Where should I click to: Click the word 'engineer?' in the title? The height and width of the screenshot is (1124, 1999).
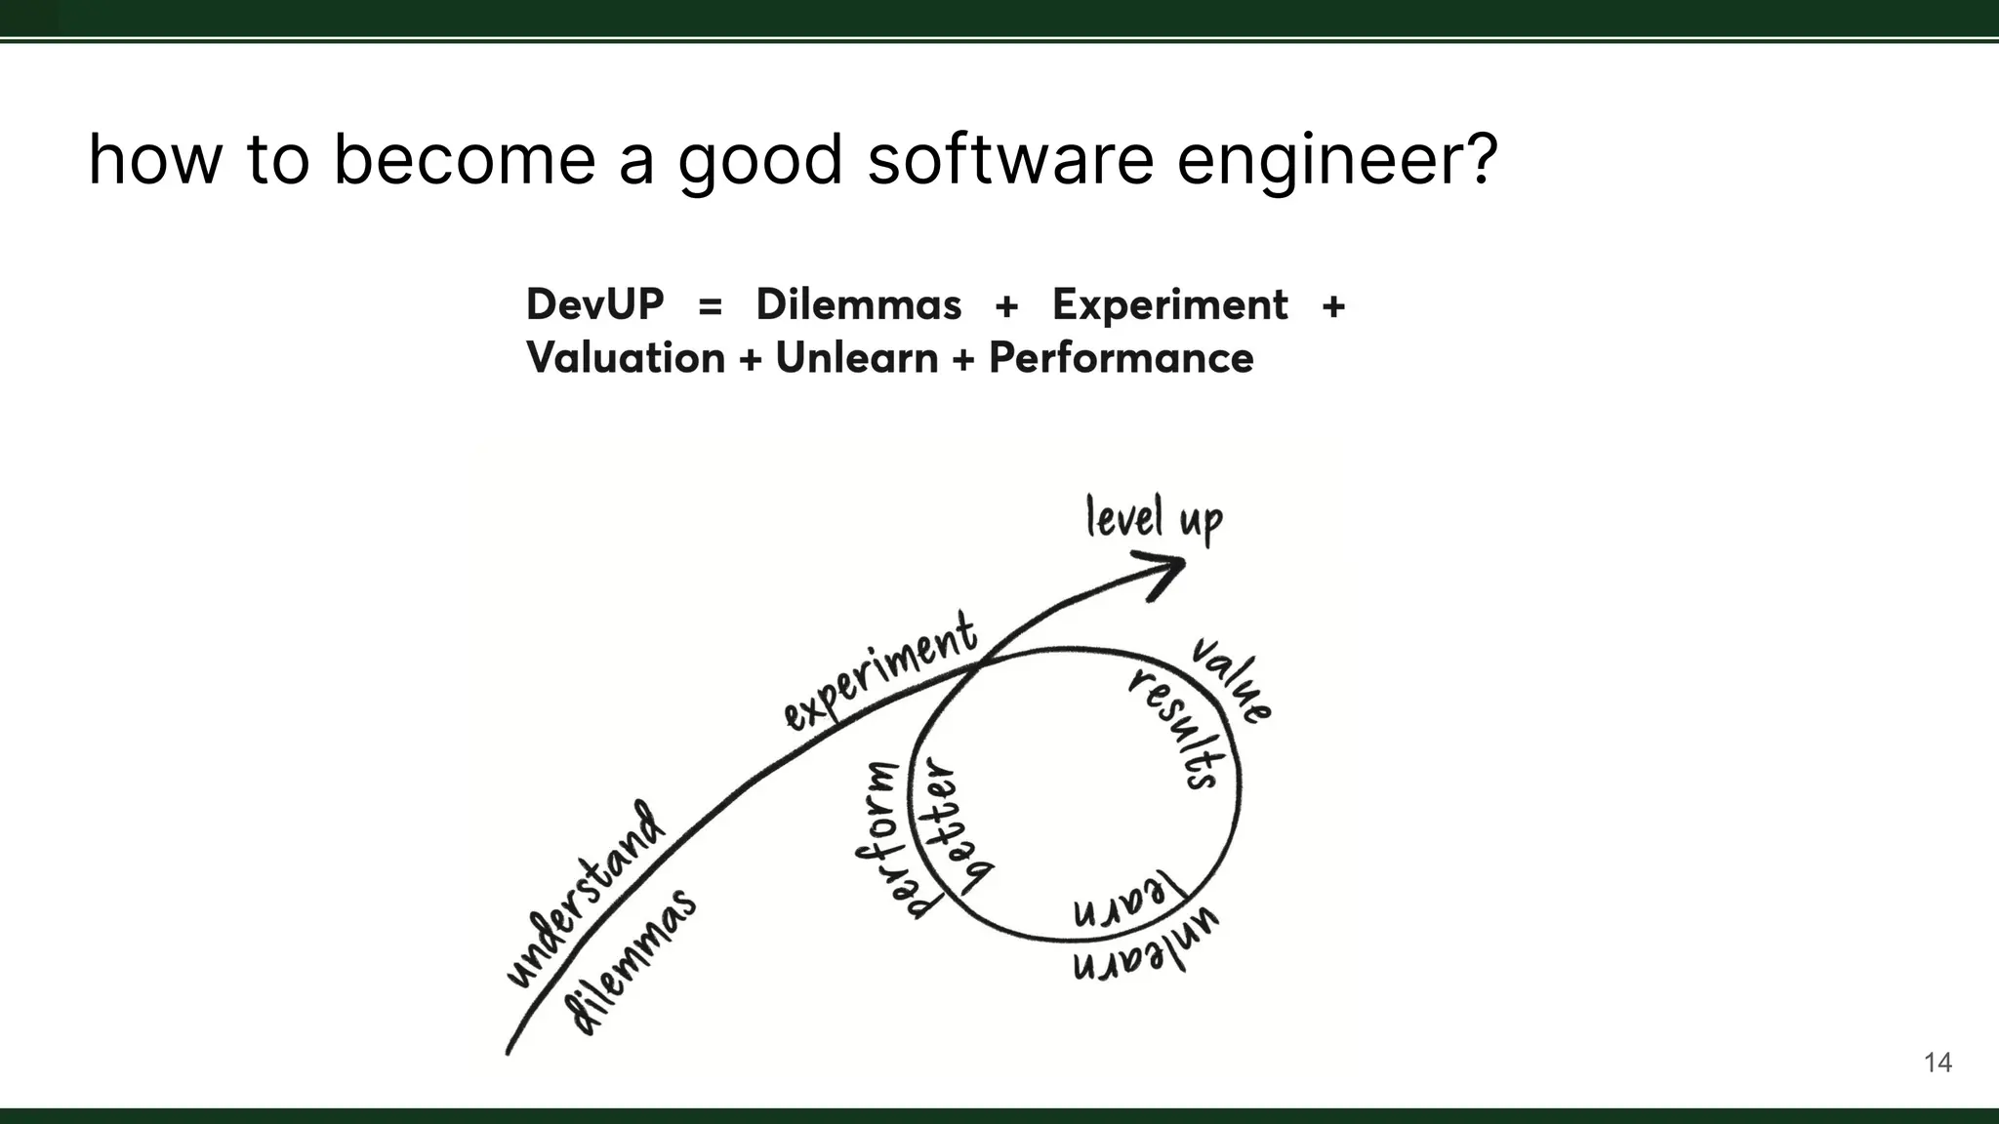1336,161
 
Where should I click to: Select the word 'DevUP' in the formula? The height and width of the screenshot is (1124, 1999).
594,304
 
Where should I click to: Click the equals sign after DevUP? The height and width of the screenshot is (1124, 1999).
711,306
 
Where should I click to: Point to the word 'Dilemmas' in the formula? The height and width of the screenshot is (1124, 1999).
858,304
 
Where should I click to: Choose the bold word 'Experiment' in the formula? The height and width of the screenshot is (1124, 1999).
1169,305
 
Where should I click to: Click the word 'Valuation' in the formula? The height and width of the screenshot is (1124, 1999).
626,358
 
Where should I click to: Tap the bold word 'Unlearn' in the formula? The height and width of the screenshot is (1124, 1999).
856,358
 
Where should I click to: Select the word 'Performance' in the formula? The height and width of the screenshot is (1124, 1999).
1121,358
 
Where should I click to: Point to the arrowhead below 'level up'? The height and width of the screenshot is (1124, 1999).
1163,573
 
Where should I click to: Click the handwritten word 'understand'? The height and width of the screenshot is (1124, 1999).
587,894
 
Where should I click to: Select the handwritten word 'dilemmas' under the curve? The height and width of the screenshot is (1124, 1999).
633,961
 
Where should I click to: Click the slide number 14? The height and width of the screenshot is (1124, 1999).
1938,1063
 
